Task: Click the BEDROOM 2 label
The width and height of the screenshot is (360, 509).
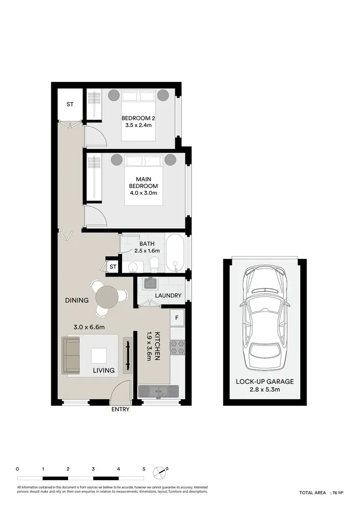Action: (x=138, y=118)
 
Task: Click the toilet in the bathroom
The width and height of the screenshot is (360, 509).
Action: (x=155, y=264)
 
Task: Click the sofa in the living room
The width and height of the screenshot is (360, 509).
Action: (x=71, y=355)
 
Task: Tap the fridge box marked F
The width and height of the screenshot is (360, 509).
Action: (x=177, y=318)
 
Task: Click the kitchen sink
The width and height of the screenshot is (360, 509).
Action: (x=158, y=391)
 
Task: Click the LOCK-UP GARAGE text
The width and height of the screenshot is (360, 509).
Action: (x=265, y=382)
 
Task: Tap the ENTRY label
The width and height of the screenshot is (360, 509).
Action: (x=120, y=410)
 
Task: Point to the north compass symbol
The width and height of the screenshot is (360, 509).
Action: (x=160, y=472)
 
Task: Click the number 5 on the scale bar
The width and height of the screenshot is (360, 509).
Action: (x=144, y=469)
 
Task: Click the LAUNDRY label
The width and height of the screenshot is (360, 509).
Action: (x=168, y=296)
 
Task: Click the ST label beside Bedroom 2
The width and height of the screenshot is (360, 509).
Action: (x=70, y=105)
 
